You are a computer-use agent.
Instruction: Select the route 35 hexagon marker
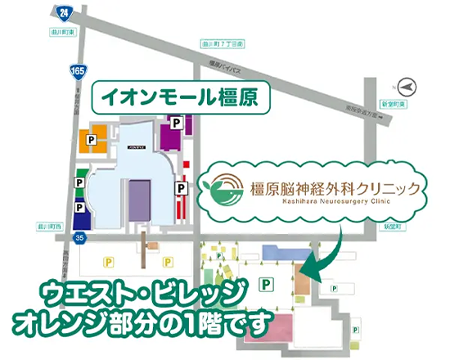[x=78, y=237]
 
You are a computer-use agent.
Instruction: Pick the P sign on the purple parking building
[x=175, y=122]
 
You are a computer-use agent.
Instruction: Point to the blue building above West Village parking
[x=275, y=251]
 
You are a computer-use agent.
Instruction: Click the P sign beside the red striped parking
[x=179, y=188]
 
